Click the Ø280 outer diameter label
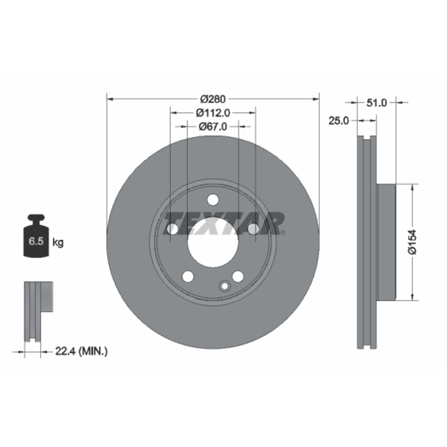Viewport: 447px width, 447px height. pos(213,99)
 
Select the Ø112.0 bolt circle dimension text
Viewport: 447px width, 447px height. pos(213,113)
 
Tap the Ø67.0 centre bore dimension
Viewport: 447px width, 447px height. pos(213,127)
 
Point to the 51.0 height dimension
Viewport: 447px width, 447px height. pos(377,103)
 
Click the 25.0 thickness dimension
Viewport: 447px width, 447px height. pos(339,121)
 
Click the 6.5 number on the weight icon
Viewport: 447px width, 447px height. pos(36,241)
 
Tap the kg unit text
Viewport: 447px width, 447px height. pos(58,243)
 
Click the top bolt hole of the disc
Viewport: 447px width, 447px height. pos(213,200)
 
